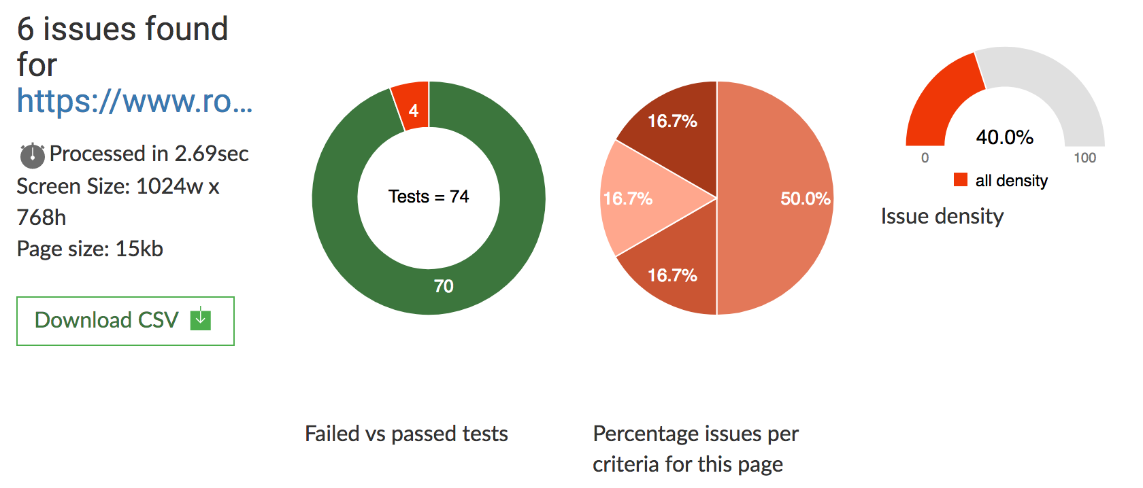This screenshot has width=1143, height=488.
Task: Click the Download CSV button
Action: (125, 321)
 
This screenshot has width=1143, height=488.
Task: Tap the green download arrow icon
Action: (201, 319)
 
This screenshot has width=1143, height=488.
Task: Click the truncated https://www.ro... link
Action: (135, 101)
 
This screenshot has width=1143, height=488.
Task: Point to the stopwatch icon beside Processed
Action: (32, 155)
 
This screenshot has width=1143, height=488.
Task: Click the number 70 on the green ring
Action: (444, 286)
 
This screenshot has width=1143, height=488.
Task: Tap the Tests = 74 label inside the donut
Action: (429, 196)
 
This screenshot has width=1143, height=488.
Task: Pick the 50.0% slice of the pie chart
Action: (782, 198)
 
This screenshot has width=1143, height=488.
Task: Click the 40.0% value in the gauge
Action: (1004, 137)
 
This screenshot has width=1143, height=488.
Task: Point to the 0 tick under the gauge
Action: (925, 158)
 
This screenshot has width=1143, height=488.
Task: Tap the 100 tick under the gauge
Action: (1084, 158)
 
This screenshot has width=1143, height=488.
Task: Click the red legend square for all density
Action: (961, 179)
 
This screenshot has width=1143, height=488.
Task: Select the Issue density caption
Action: (942, 216)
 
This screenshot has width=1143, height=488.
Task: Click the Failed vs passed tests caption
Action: (406, 434)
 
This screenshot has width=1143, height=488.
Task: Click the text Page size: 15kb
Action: (90, 249)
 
